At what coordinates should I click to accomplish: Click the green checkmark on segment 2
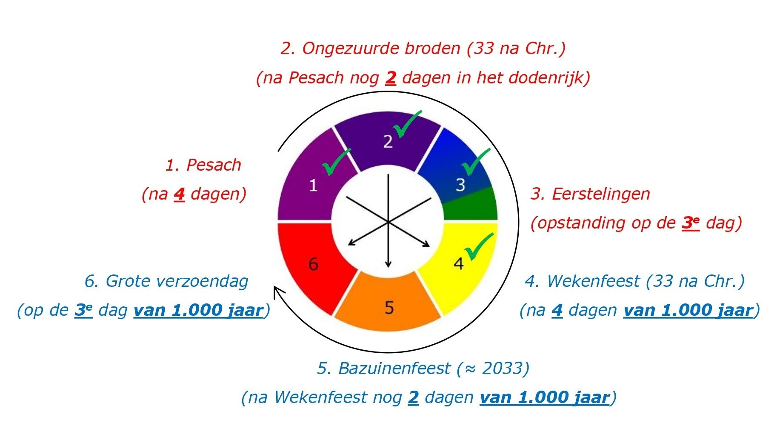407,124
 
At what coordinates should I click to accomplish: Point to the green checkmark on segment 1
337,162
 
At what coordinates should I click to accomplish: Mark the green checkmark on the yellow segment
479,247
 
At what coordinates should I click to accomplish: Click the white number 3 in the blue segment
460,185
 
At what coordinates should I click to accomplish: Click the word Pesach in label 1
214,165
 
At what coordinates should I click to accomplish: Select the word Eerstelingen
601,194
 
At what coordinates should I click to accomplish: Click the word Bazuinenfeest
394,368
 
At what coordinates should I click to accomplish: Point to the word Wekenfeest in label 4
593,281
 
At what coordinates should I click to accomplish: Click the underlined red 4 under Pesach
179,194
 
